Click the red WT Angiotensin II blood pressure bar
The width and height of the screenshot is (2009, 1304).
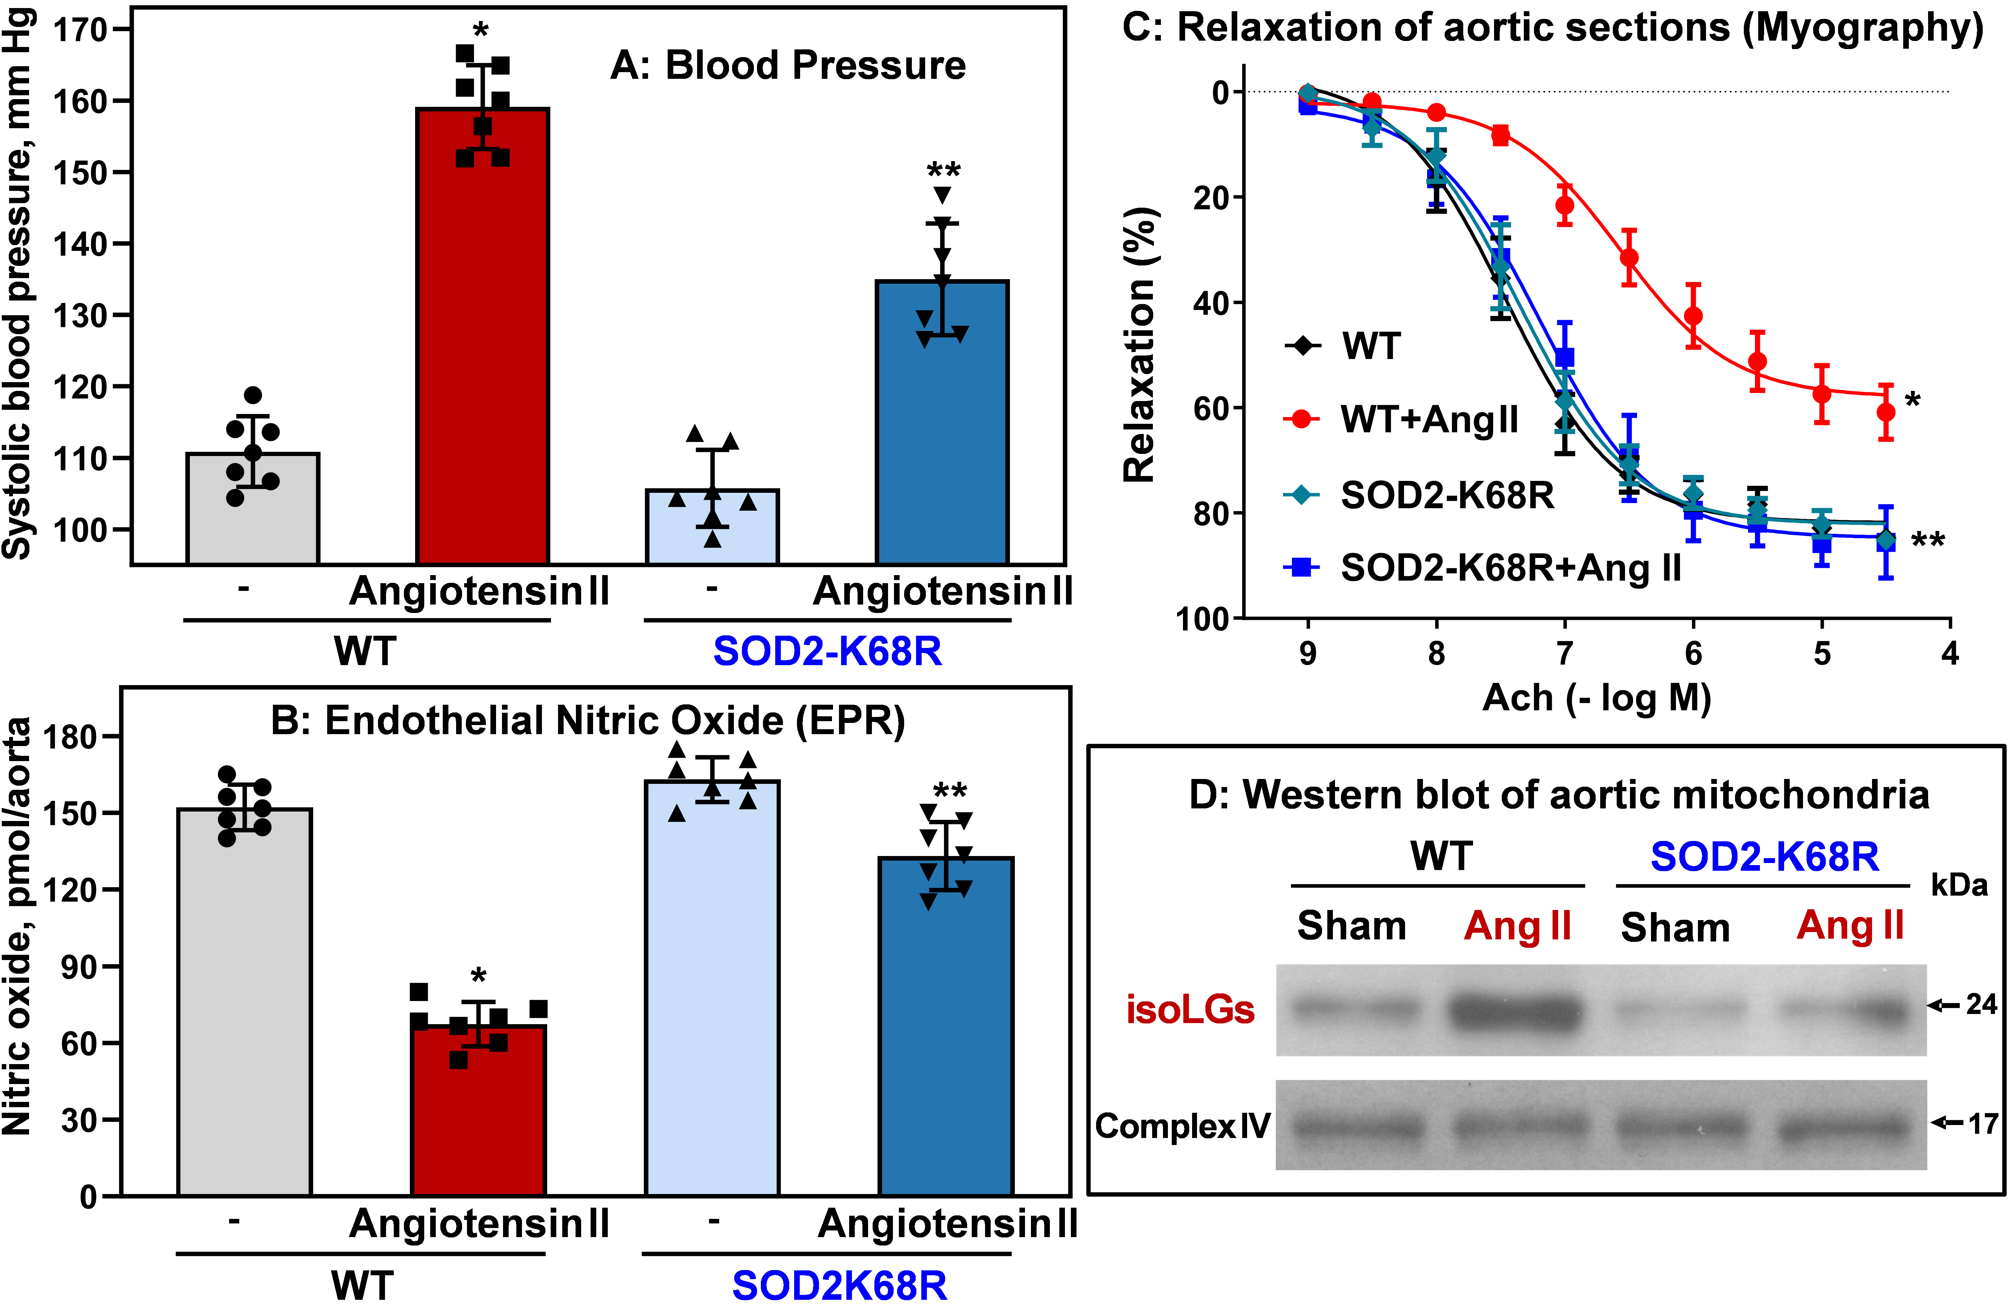tap(483, 338)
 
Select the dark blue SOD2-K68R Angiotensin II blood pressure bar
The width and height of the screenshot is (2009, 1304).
tap(942, 422)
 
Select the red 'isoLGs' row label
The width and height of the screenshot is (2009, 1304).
tap(1190, 1010)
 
